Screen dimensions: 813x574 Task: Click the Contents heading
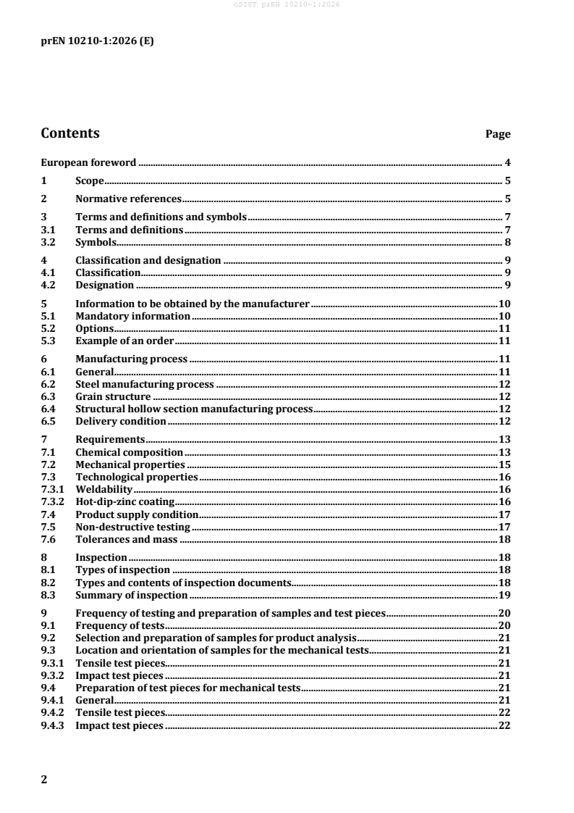point(70,133)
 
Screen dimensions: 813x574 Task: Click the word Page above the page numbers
point(498,134)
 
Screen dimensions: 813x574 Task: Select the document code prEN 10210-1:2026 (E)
point(96,41)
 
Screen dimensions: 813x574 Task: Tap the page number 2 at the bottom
point(44,779)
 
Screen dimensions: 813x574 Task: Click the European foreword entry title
point(88,163)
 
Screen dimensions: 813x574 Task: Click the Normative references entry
point(128,198)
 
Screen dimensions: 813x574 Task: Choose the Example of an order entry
point(125,340)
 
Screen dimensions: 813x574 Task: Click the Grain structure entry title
point(113,397)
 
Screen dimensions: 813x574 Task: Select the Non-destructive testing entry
point(132,527)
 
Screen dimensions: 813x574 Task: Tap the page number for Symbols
point(509,242)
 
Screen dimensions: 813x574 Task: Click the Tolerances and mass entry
point(127,539)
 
